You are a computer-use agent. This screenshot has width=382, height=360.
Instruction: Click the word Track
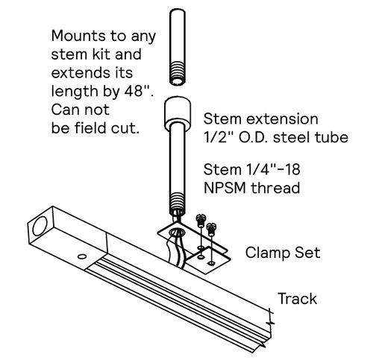pyautogui.click(x=297, y=299)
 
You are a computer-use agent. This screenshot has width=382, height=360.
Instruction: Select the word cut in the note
pyautogui.click(x=128, y=128)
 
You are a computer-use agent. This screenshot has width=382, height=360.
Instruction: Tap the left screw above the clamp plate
pyautogui.click(x=200, y=221)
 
